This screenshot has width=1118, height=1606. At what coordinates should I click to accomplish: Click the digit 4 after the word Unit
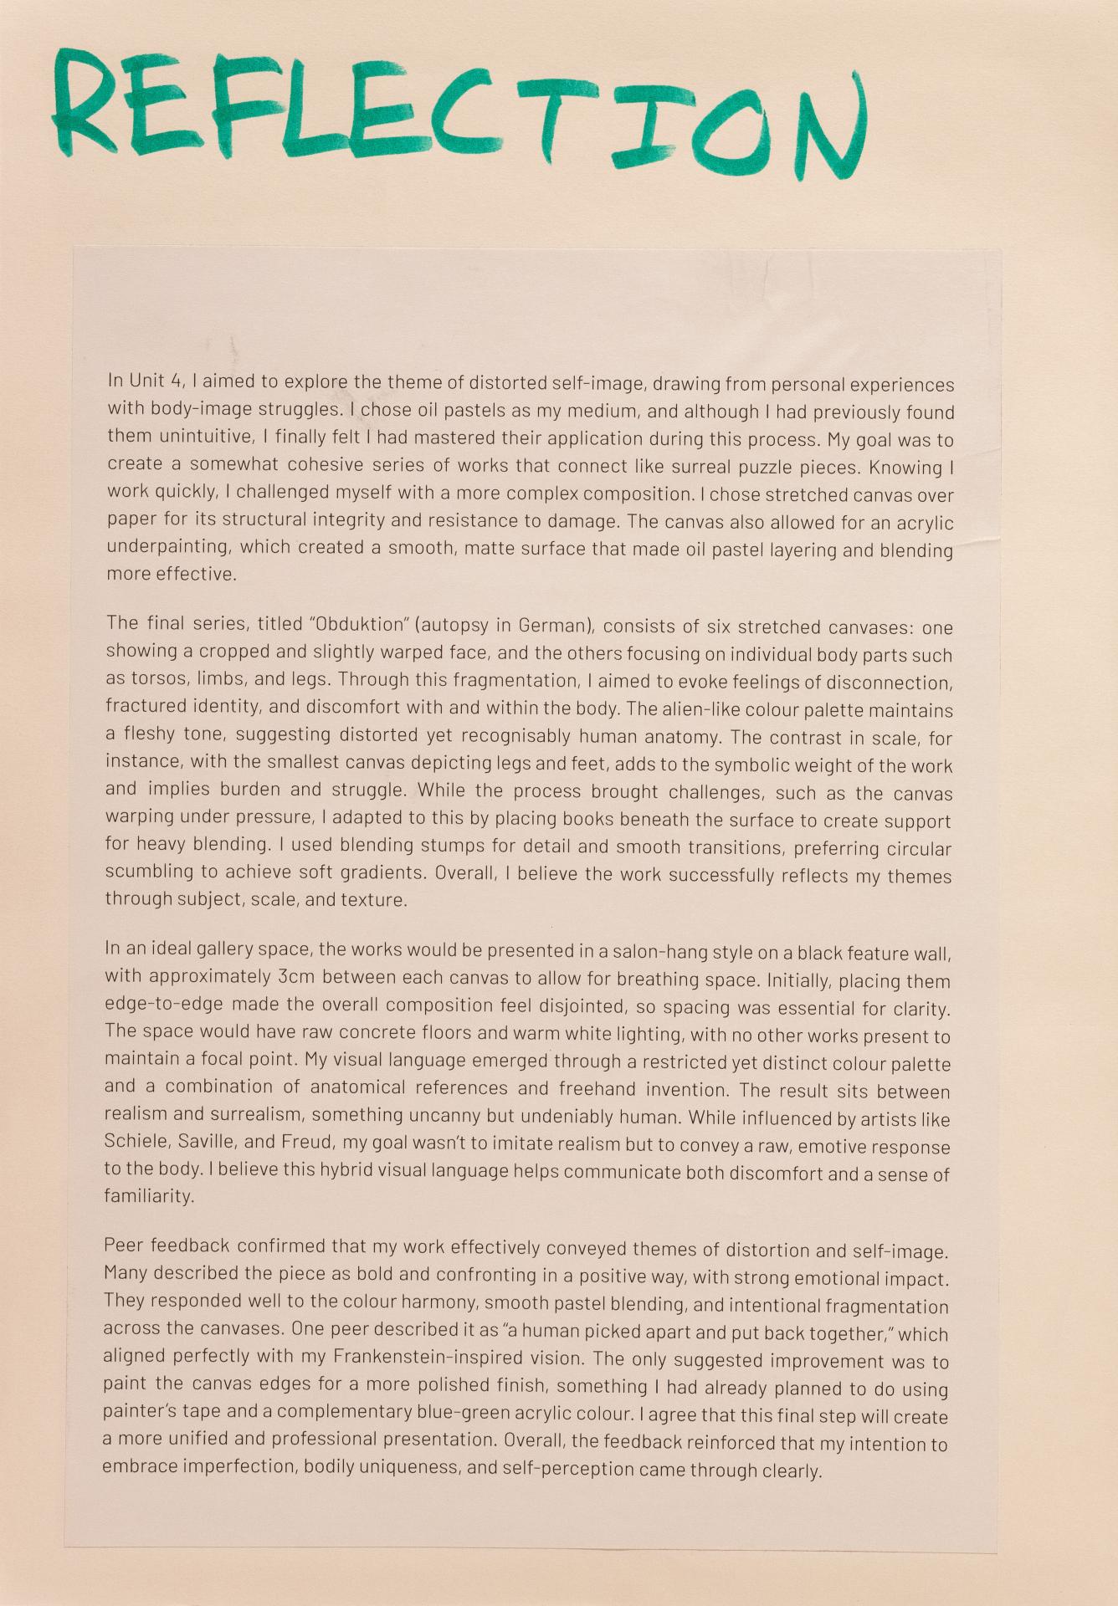(176, 381)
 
